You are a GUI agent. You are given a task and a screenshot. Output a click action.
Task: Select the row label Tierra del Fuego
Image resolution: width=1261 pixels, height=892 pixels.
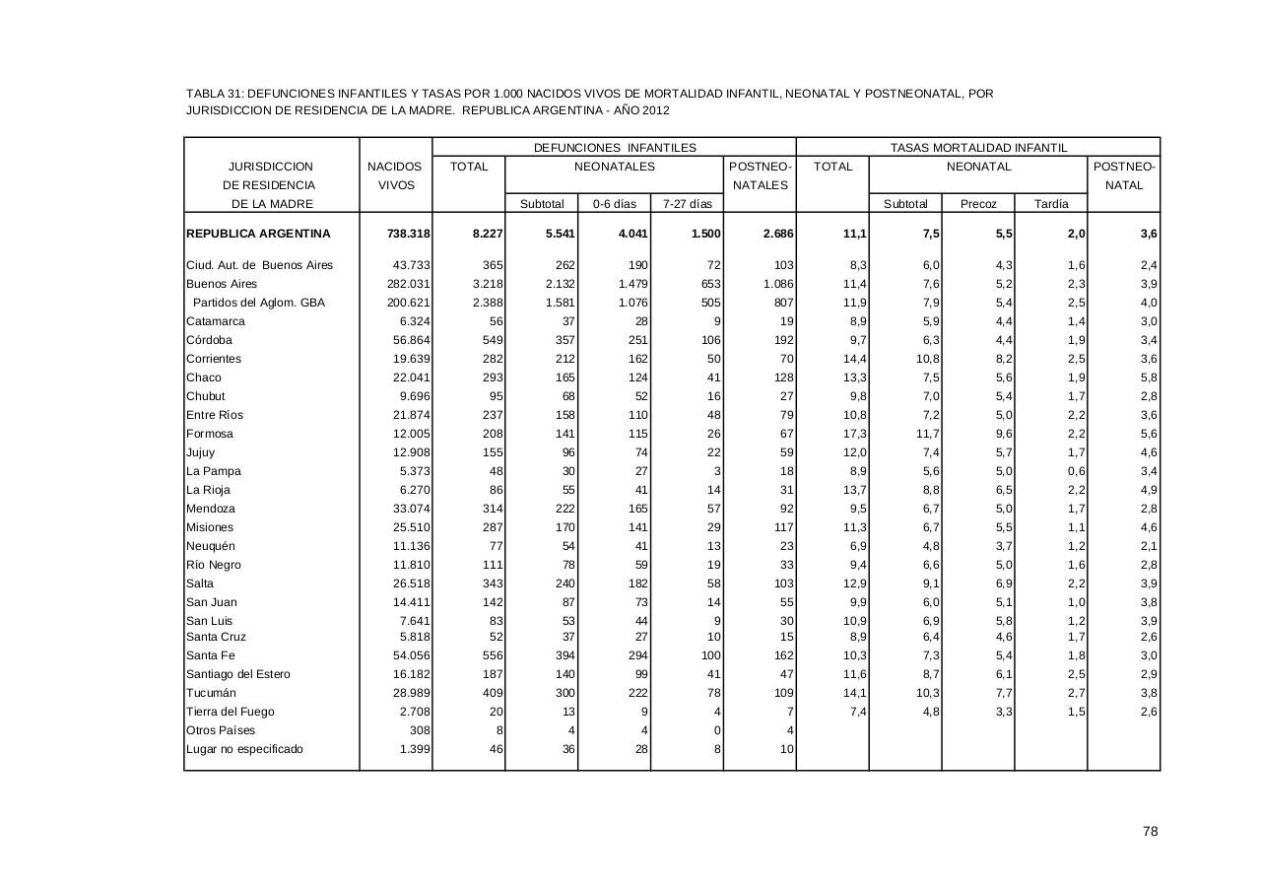click(x=231, y=712)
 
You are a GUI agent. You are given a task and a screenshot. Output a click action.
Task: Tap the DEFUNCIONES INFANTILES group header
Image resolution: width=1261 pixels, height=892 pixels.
click(x=615, y=148)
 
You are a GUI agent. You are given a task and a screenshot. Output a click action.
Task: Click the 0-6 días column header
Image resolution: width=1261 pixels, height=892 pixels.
click(x=614, y=204)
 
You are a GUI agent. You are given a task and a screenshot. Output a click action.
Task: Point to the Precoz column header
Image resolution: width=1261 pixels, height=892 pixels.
click(x=978, y=204)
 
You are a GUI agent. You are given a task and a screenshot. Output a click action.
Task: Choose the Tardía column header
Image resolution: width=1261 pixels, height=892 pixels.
click(x=1051, y=204)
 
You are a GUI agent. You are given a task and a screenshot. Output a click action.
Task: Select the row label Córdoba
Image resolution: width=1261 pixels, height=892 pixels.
click(x=210, y=340)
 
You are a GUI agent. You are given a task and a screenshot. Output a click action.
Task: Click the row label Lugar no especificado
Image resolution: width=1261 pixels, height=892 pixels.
click(x=245, y=749)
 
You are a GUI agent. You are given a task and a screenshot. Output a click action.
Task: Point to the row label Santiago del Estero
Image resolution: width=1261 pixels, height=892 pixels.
click(x=238, y=674)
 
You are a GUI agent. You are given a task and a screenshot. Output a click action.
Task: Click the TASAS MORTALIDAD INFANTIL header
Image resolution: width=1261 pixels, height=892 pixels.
click(x=978, y=148)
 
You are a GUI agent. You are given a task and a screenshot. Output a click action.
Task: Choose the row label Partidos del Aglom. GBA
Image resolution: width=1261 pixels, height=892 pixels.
click(x=258, y=303)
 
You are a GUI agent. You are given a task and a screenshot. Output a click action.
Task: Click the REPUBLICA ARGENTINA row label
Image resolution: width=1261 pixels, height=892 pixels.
click(x=258, y=235)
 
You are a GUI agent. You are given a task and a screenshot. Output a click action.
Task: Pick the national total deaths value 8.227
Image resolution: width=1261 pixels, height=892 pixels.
click(x=485, y=235)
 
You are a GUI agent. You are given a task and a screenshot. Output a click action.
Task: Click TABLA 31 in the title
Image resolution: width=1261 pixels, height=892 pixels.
click(x=214, y=94)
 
